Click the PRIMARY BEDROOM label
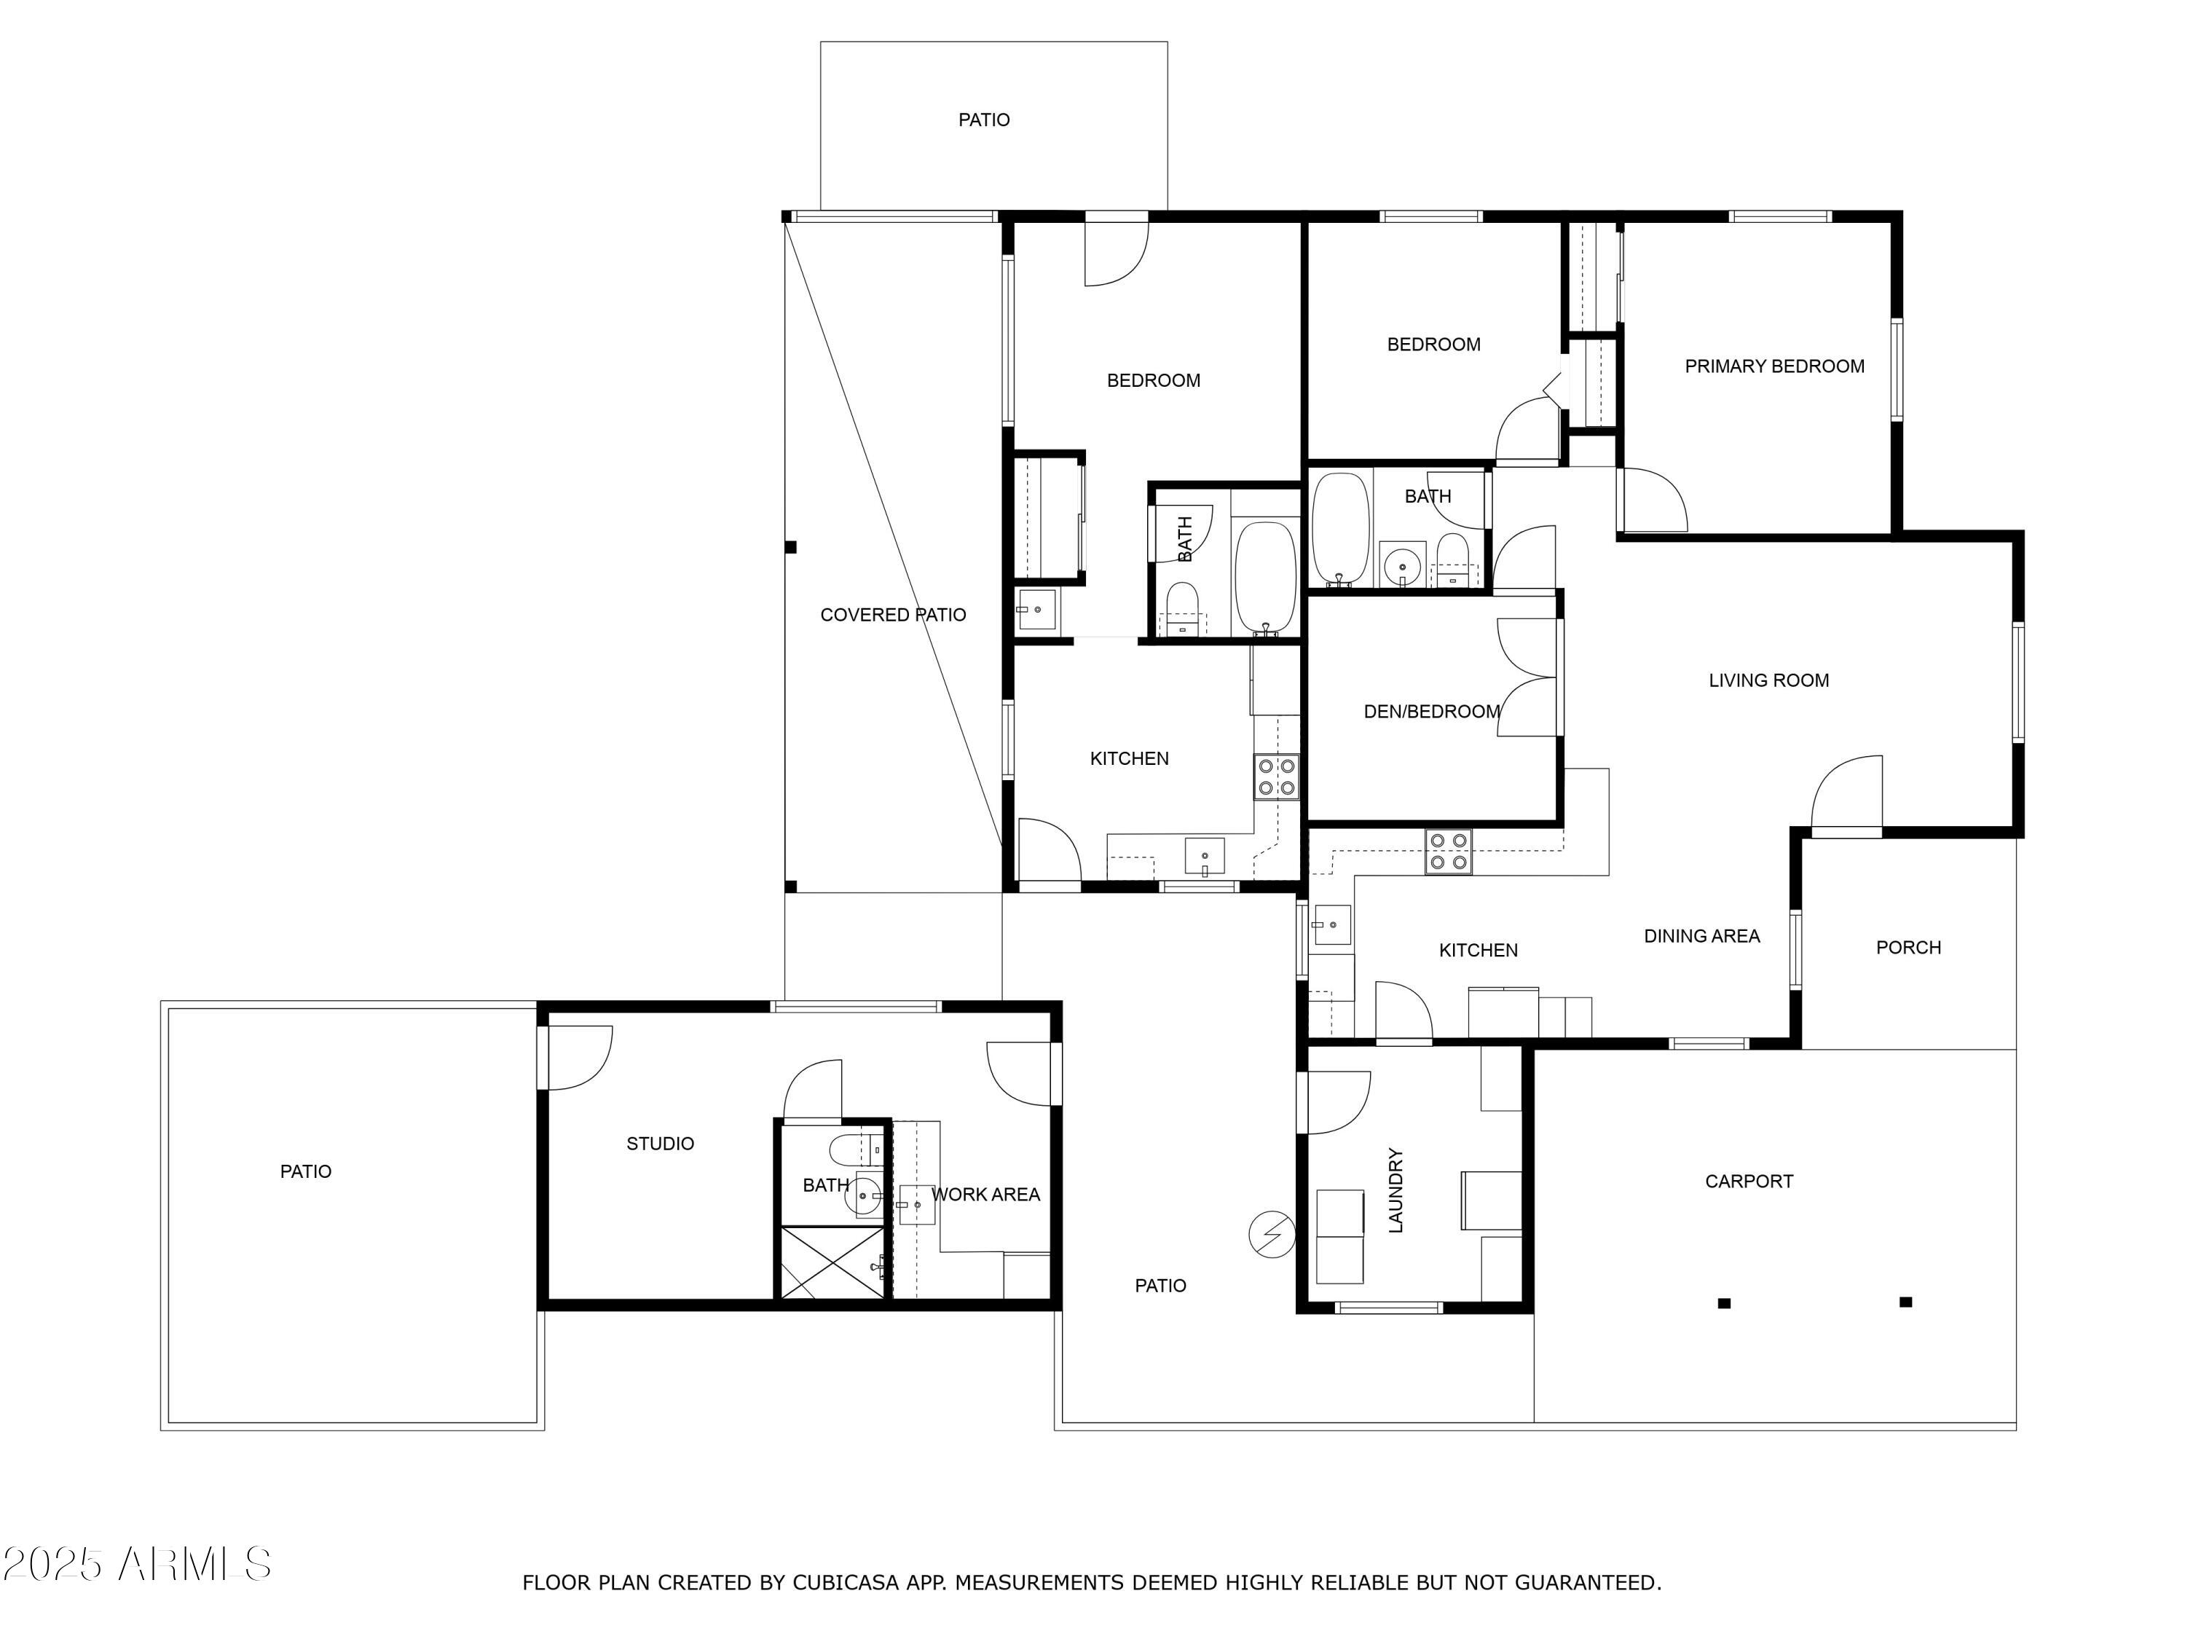[1774, 366]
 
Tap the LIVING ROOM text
[1768, 680]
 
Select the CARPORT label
[1749, 1182]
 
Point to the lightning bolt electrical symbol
[1272, 1234]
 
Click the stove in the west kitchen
[1276, 777]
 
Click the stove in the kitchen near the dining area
[1448, 852]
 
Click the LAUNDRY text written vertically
[1395, 1190]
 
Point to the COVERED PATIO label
[893, 616]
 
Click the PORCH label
[1908, 948]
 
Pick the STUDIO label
[660, 1144]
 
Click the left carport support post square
[1724, 1303]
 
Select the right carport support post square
[1905, 1302]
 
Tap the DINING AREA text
[1701, 937]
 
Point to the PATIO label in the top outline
[984, 120]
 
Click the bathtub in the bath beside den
[1339, 530]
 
